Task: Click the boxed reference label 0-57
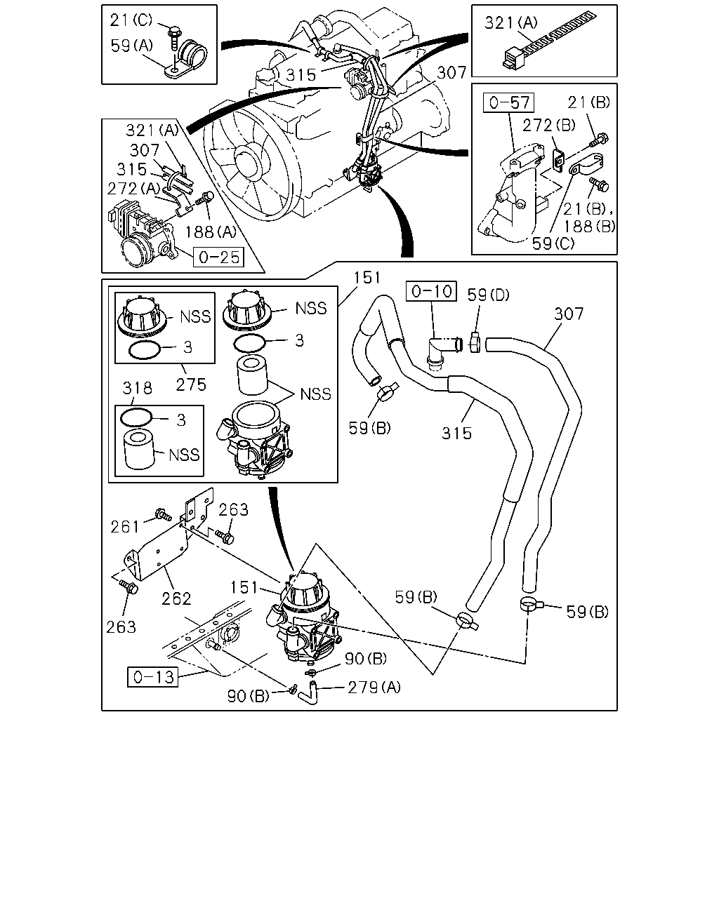[x=508, y=102]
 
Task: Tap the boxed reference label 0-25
[x=218, y=257]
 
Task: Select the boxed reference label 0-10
[x=431, y=291]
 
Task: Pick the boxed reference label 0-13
[x=152, y=676]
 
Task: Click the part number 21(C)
[x=131, y=20]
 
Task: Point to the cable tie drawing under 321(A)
[x=549, y=41]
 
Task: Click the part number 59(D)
[x=488, y=295]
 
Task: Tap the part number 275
[x=191, y=384]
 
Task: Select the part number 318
[x=137, y=388]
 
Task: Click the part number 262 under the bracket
[x=176, y=599]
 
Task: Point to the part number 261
[x=125, y=527]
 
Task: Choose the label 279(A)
[x=374, y=688]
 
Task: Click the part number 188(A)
[x=211, y=232]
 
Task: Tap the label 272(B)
[x=548, y=125]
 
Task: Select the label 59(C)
[x=553, y=243]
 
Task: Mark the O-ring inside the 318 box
[x=136, y=417]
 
